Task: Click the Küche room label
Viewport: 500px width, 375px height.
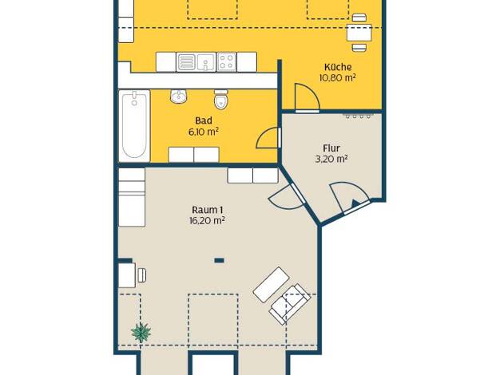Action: pos(338,67)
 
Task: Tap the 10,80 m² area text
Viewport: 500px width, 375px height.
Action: pos(338,78)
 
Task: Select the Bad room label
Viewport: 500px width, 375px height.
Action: pos(204,120)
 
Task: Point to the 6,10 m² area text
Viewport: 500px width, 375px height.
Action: pos(204,132)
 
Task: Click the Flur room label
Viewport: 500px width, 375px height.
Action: pos(331,148)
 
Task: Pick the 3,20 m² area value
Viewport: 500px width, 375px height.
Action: pos(331,159)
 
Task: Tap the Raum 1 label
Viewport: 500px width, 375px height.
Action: pos(208,210)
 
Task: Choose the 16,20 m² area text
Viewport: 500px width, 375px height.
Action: pos(208,220)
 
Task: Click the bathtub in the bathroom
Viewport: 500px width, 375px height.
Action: pos(134,126)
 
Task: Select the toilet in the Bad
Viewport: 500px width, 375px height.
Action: pos(220,100)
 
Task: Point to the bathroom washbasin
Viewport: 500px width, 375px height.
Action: pos(179,97)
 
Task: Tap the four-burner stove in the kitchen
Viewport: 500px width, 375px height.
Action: pos(227,61)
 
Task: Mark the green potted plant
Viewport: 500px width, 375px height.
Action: pos(141,332)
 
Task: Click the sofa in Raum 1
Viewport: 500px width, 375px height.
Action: pos(290,304)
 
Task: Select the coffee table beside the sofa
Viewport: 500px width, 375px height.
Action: pos(272,285)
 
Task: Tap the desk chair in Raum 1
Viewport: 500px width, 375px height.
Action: pos(142,275)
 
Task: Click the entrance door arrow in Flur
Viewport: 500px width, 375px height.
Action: pos(355,203)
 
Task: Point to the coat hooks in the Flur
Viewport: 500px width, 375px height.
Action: pos(358,116)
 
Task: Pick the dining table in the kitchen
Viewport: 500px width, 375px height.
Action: pos(359,33)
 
